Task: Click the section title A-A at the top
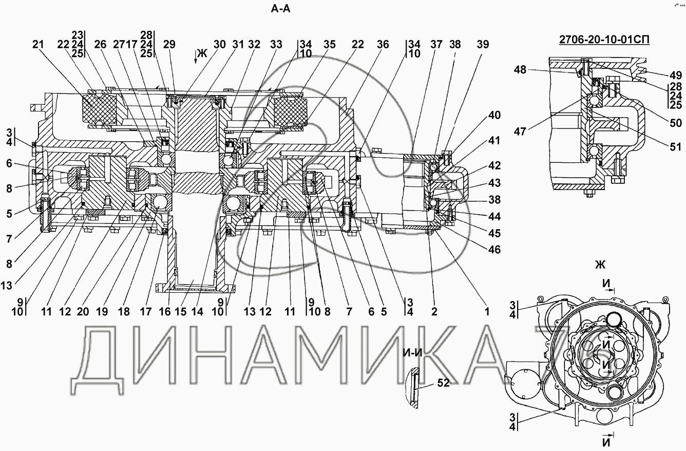(280, 9)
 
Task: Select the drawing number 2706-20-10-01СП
(604, 40)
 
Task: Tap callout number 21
(39, 45)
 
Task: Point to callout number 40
(494, 116)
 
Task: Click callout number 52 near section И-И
(443, 383)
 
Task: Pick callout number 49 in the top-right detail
(675, 76)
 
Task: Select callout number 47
(520, 131)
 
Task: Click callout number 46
(494, 250)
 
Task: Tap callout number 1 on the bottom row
(487, 312)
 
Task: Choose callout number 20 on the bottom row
(83, 312)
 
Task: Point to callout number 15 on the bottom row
(181, 312)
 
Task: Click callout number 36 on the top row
(383, 45)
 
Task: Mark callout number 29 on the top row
(169, 45)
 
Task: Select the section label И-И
(412, 353)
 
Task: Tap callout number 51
(675, 147)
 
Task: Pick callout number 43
(494, 183)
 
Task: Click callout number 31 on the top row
(238, 45)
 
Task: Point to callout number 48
(520, 70)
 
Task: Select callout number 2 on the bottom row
(434, 312)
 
